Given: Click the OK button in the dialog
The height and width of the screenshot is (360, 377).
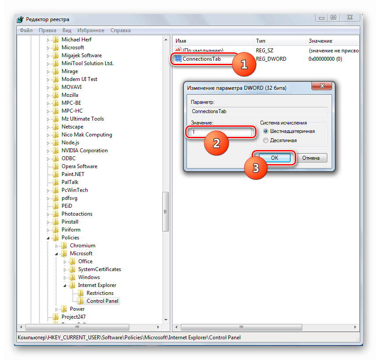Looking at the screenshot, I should pyautogui.click(x=275, y=158).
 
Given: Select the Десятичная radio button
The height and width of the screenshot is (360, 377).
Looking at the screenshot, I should pyautogui.click(x=265, y=140).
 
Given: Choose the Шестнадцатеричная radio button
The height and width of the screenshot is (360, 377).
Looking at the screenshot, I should pyautogui.click(x=265, y=131).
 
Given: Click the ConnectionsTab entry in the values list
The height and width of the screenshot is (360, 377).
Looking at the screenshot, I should pyautogui.click(x=201, y=59).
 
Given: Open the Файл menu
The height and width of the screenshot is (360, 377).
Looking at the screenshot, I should pyautogui.click(x=26, y=30).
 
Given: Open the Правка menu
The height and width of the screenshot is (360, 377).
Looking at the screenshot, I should pyautogui.click(x=48, y=30).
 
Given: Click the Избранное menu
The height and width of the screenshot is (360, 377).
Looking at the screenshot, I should pyautogui.click(x=91, y=30).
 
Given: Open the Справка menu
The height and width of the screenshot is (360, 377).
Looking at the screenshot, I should pyautogui.click(x=121, y=30).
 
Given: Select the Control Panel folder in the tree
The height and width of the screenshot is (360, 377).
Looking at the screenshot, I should pyautogui.click(x=102, y=301).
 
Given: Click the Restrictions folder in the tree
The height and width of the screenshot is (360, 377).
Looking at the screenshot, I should pyautogui.click(x=100, y=293).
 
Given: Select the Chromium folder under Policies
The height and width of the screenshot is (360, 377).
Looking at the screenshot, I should pyautogui.click(x=82, y=246).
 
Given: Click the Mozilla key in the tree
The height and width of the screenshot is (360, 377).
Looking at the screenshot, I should pyautogui.click(x=70, y=95).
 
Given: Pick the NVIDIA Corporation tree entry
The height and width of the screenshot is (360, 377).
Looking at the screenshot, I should pyautogui.click(x=84, y=151).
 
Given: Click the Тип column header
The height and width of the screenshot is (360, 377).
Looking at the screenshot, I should pyautogui.click(x=260, y=41).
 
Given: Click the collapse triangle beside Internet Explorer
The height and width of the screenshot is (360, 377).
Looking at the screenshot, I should pyautogui.click(x=65, y=285).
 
